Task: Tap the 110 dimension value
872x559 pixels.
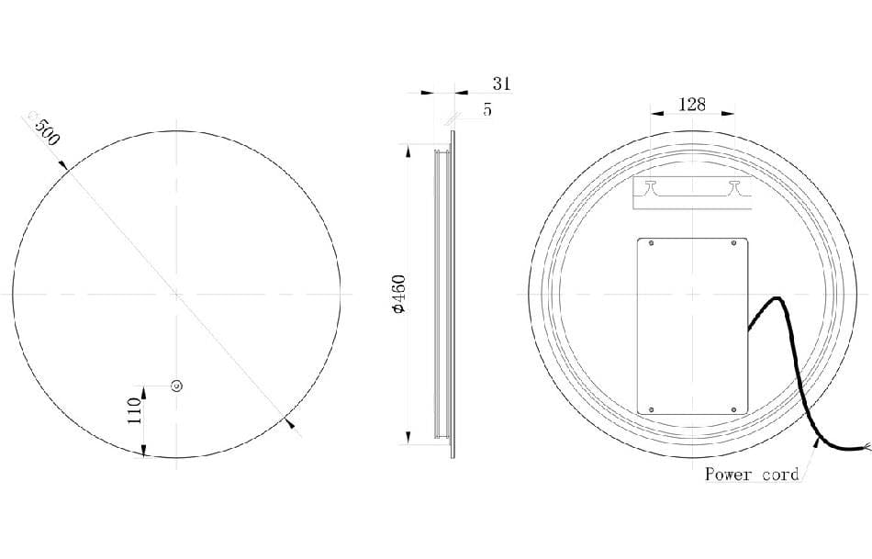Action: [134, 408]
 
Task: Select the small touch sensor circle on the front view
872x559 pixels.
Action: [177, 386]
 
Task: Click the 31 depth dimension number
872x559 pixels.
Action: [501, 84]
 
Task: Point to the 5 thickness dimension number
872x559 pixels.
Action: [486, 109]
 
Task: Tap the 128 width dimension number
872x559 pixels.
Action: [691, 104]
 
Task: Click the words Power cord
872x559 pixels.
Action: [752, 475]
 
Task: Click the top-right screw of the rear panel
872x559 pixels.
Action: [732, 244]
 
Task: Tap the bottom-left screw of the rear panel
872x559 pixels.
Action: [651, 409]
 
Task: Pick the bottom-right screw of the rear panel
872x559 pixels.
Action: [732, 409]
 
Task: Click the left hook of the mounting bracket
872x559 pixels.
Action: [650, 187]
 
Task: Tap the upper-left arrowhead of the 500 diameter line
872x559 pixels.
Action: [63, 165]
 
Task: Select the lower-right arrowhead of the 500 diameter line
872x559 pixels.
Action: [290, 423]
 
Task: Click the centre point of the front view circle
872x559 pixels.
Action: [176, 294]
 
